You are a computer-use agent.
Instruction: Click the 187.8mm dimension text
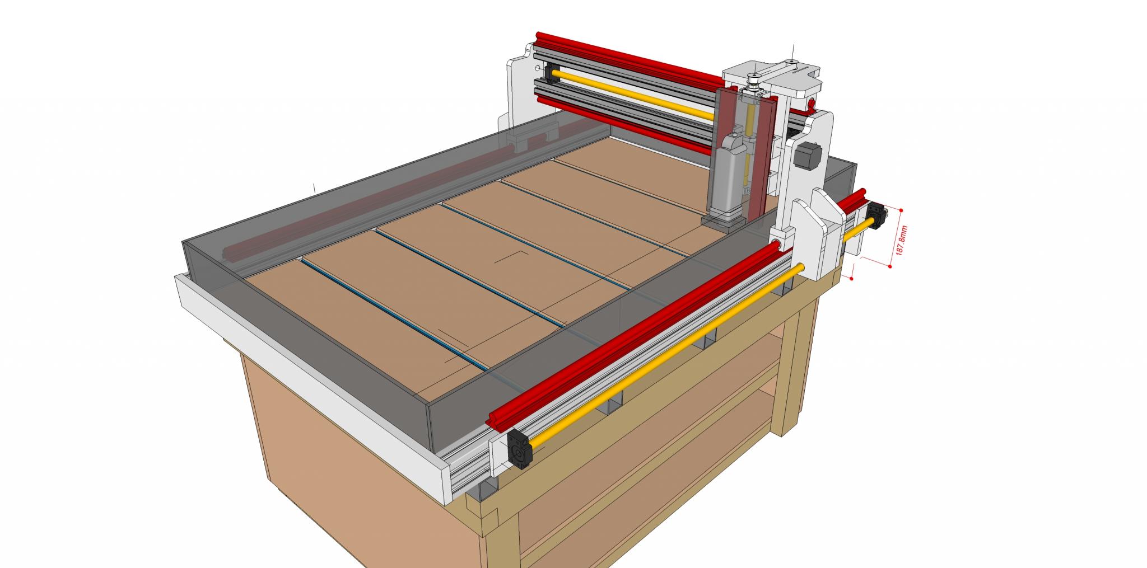coord(901,241)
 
